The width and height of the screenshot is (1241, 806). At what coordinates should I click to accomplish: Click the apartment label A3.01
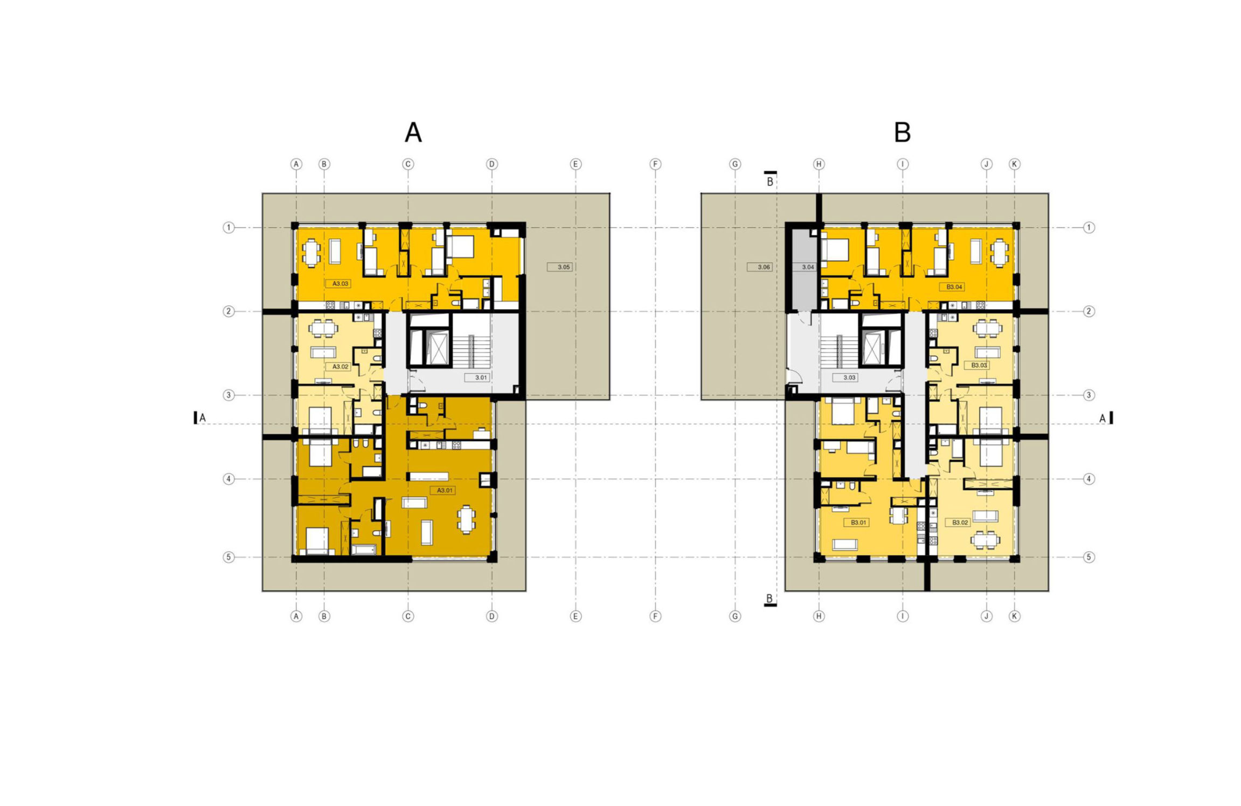pyautogui.click(x=445, y=490)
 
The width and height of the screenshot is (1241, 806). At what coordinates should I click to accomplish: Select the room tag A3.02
pyautogui.click(x=340, y=366)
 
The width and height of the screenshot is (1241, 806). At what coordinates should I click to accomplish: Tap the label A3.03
pyautogui.click(x=340, y=283)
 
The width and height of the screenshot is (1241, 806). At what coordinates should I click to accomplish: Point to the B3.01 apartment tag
pyautogui.click(x=858, y=523)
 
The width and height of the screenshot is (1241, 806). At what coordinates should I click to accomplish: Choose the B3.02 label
pyautogui.click(x=960, y=523)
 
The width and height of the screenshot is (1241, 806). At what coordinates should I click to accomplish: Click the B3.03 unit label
pyautogui.click(x=979, y=365)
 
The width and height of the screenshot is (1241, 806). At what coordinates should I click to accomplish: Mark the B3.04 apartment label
pyautogui.click(x=954, y=287)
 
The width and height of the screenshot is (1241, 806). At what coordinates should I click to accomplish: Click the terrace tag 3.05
pyautogui.click(x=563, y=267)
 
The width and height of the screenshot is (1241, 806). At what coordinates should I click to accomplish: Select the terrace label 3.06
pyautogui.click(x=763, y=267)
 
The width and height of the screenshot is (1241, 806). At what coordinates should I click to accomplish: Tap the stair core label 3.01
pyautogui.click(x=481, y=378)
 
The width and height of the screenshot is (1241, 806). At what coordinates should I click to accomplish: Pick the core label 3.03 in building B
pyautogui.click(x=849, y=378)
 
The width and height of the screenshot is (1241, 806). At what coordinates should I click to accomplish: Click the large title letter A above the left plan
pyautogui.click(x=413, y=132)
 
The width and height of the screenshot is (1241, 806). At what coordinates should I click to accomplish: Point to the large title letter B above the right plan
pyautogui.click(x=903, y=132)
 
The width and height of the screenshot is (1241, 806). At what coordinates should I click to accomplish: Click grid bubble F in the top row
pyautogui.click(x=655, y=164)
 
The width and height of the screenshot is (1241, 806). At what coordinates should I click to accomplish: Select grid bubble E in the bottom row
pyautogui.click(x=576, y=616)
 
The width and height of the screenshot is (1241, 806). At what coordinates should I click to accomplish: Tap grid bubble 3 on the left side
pyautogui.click(x=228, y=395)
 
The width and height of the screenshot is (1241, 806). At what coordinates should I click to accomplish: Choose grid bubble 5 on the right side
pyautogui.click(x=1089, y=557)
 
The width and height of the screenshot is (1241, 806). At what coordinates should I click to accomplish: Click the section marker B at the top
pyautogui.click(x=770, y=180)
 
